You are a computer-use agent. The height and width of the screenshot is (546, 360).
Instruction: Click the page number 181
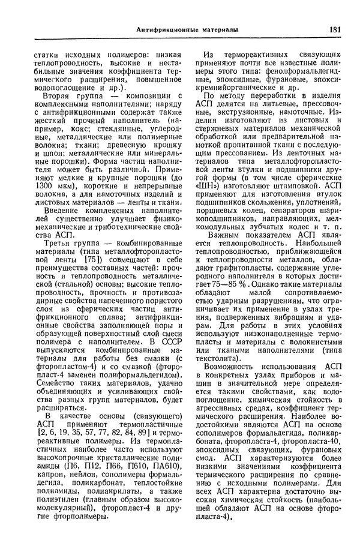pyautogui.click(x=334, y=29)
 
